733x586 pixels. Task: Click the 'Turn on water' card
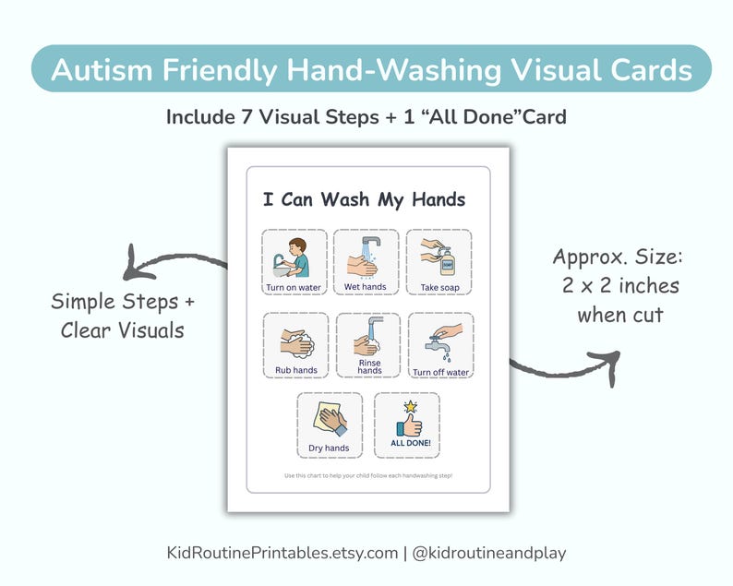(x=294, y=262)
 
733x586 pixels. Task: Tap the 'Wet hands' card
(x=366, y=262)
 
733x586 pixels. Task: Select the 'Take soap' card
(x=439, y=262)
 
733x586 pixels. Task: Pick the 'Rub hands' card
(x=295, y=345)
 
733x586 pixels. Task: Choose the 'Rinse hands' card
(x=368, y=345)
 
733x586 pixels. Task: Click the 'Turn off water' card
(x=440, y=345)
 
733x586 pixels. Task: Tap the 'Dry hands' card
(x=330, y=425)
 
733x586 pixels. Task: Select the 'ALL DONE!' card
(x=406, y=425)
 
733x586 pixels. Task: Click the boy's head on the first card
(x=296, y=246)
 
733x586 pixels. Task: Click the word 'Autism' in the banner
(x=102, y=69)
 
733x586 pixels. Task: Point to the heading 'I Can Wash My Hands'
(x=364, y=199)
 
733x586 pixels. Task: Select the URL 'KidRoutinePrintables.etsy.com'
(x=281, y=553)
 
